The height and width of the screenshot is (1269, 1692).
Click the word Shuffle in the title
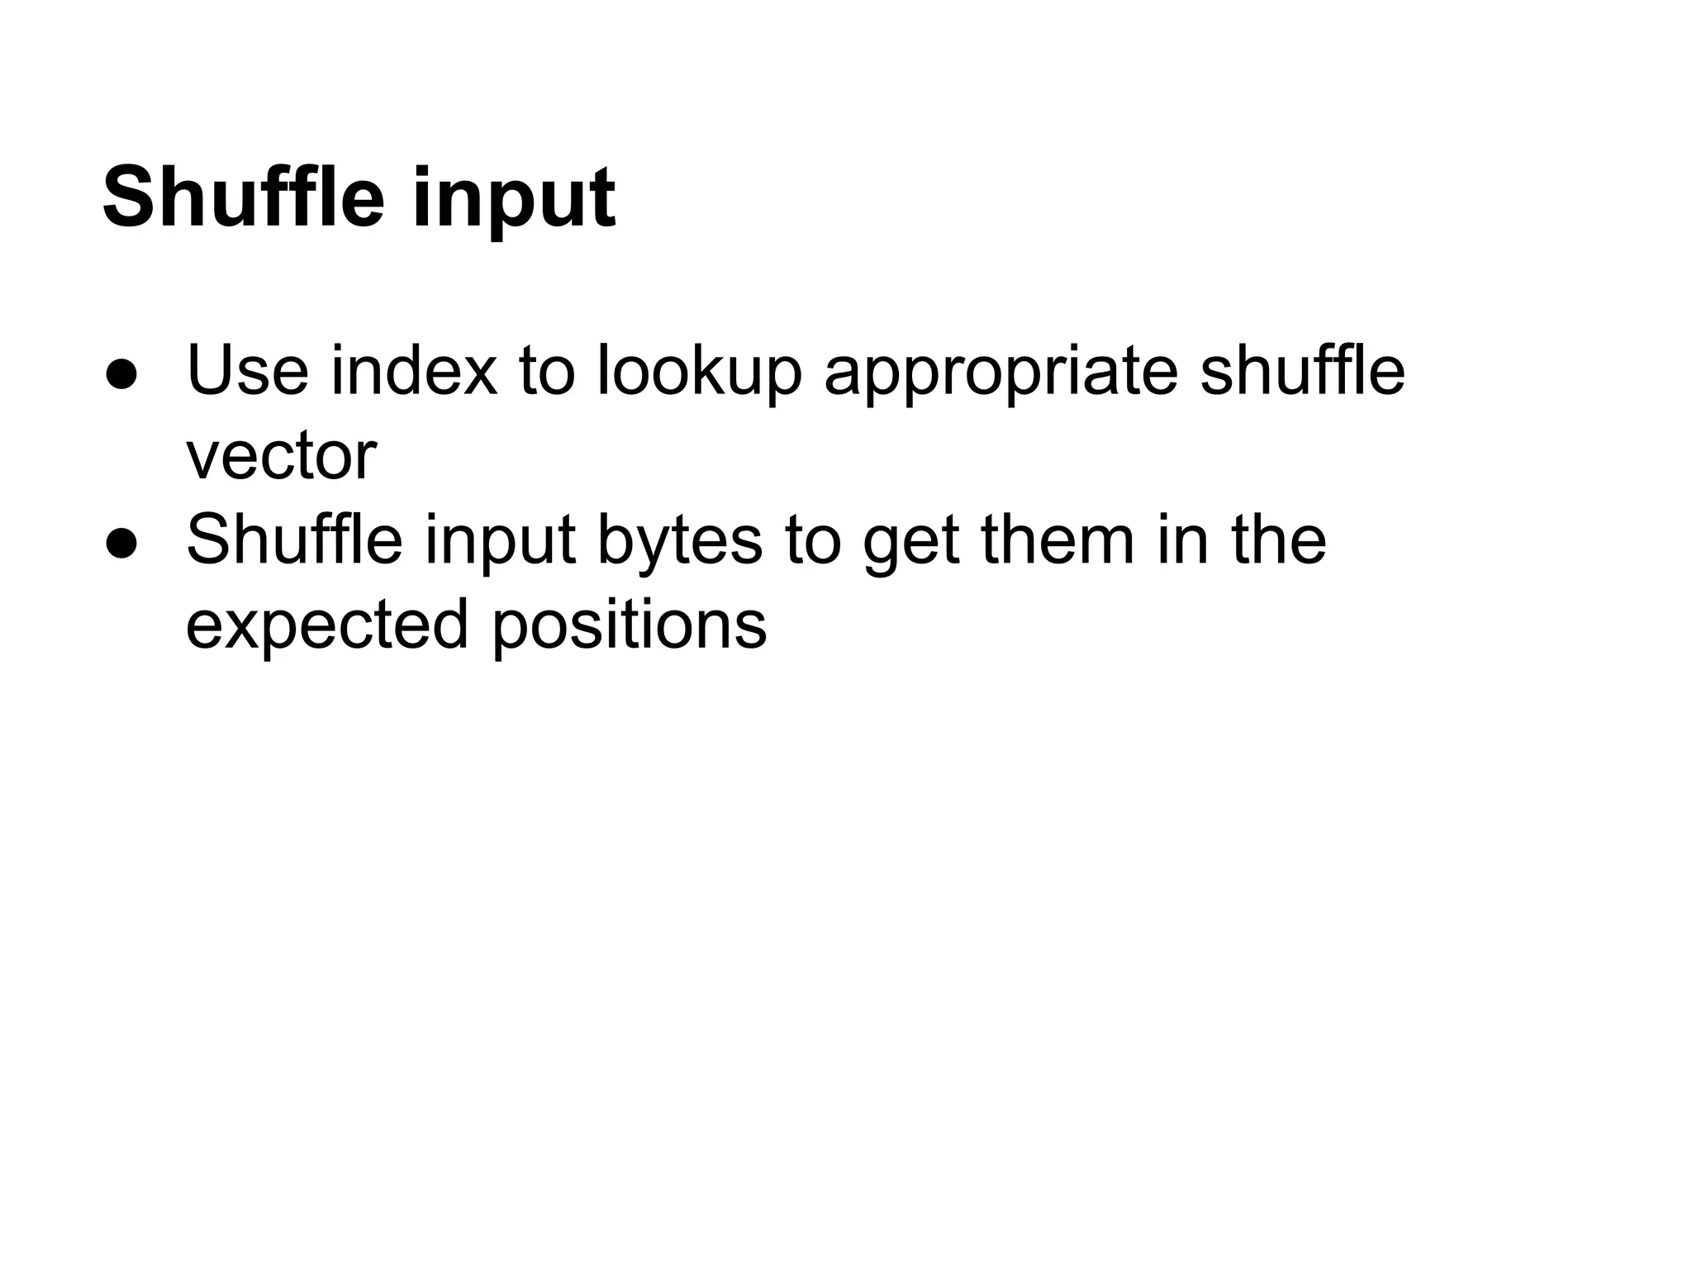click(x=243, y=198)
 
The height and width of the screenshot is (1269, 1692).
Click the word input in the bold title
click(x=513, y=202)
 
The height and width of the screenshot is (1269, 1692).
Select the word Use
click(x=247, y=371)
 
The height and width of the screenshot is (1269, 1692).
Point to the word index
click(x=414, y=371)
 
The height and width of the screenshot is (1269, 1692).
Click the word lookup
click(x=699, y=373)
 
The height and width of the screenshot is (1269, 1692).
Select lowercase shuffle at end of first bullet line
click(x=1303, y=371)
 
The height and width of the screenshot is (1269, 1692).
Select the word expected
click(x=327, y=627)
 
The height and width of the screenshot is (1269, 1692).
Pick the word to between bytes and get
click(x=813, y=541)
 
